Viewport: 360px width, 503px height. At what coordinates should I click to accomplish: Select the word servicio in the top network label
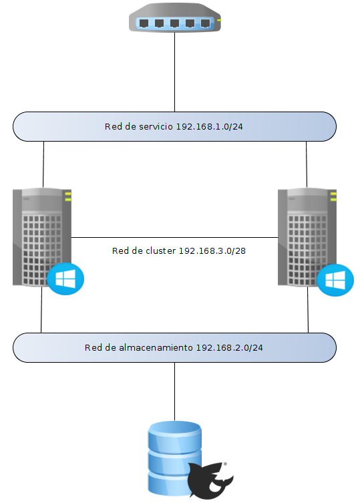point(156,126)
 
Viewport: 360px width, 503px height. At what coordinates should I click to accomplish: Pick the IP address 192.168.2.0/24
point(230,348)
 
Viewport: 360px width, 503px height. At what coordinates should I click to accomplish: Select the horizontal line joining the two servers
point(174,237)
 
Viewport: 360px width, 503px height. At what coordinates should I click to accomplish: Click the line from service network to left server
point(43,164)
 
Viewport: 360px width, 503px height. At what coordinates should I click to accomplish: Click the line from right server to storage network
point(308,311)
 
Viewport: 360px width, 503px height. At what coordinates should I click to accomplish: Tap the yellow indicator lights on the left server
point(67,195)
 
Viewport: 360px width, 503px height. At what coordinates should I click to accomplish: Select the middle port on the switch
point(174,23)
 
